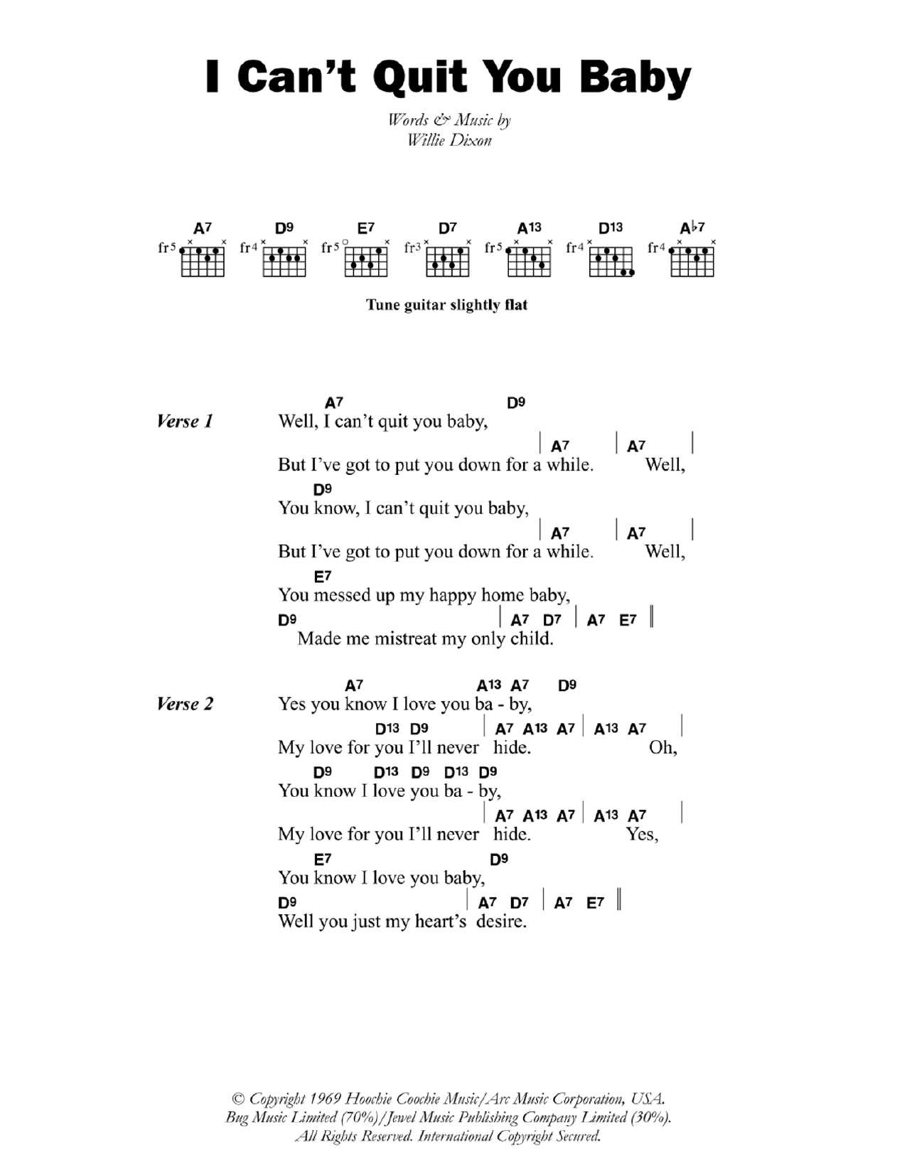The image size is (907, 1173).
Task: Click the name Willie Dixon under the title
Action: (449, 140)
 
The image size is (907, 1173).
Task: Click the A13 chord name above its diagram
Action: (529, 228)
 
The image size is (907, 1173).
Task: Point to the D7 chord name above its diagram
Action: (447, 228)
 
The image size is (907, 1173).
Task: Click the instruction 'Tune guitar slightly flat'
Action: (446, 305)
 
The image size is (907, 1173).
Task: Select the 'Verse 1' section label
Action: (185, 422)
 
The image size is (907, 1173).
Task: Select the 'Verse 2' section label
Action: (185, 705)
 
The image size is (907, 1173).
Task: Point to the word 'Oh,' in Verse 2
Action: (662, 748)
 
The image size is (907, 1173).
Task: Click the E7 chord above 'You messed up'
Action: (323, 577)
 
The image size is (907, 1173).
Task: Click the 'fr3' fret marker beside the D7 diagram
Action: (412, 247)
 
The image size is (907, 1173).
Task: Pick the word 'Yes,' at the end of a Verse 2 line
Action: (642, 835)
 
